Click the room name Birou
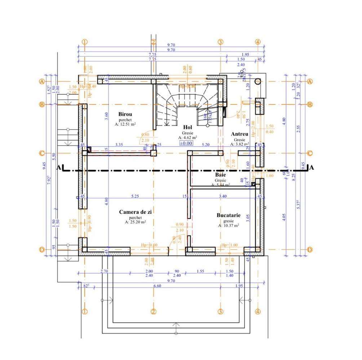pyautogui.click(x=125, y=114)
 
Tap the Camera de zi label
pyautogui.click(x=135, y=212)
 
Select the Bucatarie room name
pyautogui.click(x=229, y=215)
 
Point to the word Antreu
pyautogui.click(x=239, y=134)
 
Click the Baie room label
pyautogui.click(x=220, y=175)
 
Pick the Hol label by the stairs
pyautogui.click(x=187, y=127)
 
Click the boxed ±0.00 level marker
pyautogui.click(x=186, y=143)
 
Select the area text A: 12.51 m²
pyautogui.click(x=125, y=124)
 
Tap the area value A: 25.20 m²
pyautogui.click(x=135, y=222)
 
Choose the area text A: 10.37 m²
pyautogui.click(x=229, y=226)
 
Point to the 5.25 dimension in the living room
pyautogui.click(x=135, y=196)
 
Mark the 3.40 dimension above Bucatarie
pyautogui.click(x=222, y=196)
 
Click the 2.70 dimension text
pyautogui.click(x=94, y=271)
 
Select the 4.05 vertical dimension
pyautogui.click(x=284, y=217)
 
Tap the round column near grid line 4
pyautogui.click(x=258, y=81)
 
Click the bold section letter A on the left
pyautogui.click(x=58, y=168)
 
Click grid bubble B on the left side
pyautogui.click(x=42, y=105)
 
